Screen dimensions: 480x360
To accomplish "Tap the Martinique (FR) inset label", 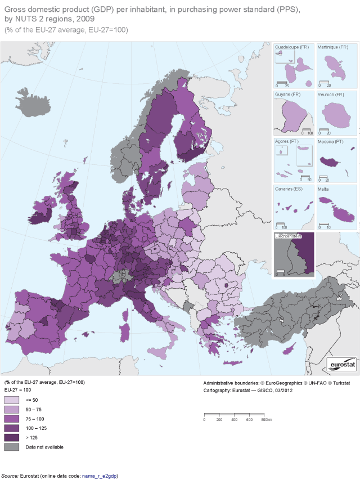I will pos(331,47).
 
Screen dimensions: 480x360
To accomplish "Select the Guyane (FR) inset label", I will pos(286,95).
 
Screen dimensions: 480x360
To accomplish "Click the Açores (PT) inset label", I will pos(285,142).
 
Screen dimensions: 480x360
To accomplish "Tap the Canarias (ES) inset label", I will pos(288,189).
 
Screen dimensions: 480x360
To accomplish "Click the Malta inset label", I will pos(324,189).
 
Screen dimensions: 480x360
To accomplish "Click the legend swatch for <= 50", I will pos(11,400).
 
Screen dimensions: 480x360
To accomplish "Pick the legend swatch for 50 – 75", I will pos(11,409).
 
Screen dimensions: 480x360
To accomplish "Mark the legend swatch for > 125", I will pos(11,437).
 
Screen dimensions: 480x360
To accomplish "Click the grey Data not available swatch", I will pos(11,447).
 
